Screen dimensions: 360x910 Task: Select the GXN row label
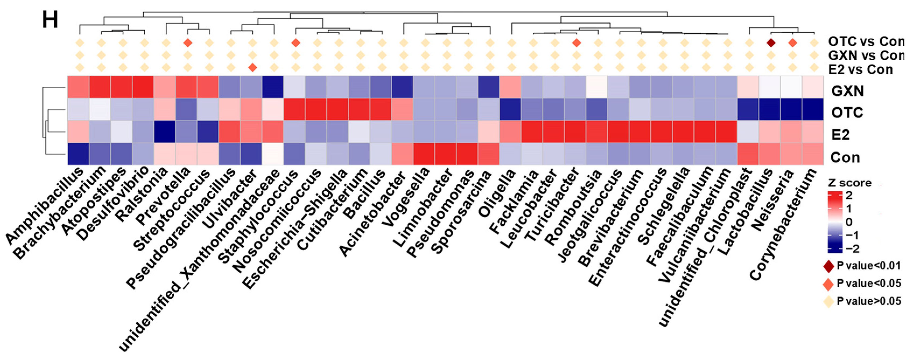[847, 91]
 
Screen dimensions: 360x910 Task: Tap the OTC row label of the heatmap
[847, 113]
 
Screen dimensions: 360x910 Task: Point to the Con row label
[845, 158]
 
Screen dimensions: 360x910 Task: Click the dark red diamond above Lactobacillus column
[771, 43]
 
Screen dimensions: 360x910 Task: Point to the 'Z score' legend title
[849, 183]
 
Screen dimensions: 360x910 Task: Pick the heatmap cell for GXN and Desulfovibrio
[143, 87]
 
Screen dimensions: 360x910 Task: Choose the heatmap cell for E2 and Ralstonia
[165, 131]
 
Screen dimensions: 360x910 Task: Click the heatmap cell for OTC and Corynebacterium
[813, 109]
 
